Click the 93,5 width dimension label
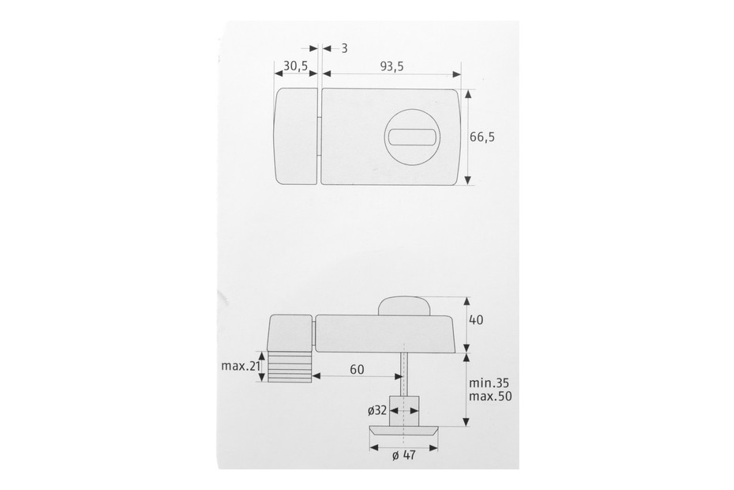click(x=391, y=66)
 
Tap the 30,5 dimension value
click(x=295, y=66)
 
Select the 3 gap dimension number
click(x=345, y=48)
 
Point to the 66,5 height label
click(x=482, y=137)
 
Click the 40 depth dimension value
click(x=476, y=320)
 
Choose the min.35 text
click(x=489, y=383)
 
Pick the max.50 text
click(x=490, y=396)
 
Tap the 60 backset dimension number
click(x=357, y=370)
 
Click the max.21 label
click(x=241, y=366)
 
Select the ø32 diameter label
click(x=377, y=411)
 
